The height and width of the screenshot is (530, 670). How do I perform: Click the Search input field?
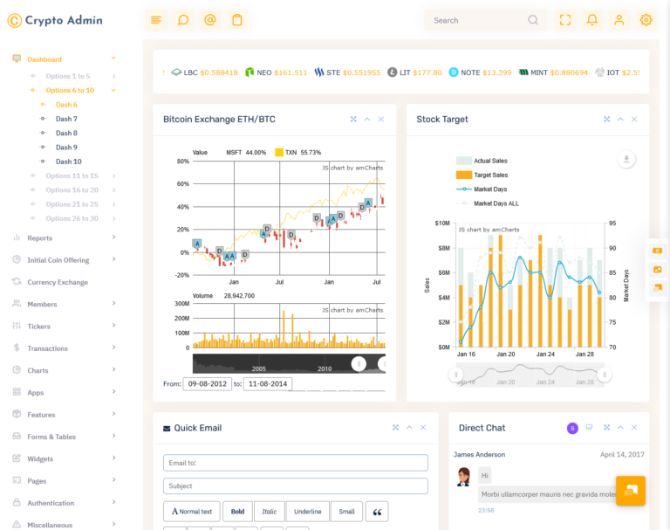click(x=475, y=20)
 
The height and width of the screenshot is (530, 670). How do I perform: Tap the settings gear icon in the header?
click(x=646, y=20)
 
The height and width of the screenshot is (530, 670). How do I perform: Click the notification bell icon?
click(x=592, y=20)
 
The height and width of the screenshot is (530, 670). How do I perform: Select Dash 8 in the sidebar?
click(x=66, y=133)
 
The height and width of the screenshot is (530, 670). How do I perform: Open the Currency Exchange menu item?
click(x=58, y=282)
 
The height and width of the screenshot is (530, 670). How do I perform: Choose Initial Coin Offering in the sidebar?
click(x=58, y=260)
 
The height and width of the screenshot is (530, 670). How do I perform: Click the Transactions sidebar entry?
click(x=47, y=348)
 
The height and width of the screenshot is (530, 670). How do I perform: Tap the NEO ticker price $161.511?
click(x=291, y=72)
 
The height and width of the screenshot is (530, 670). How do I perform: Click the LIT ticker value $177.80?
click(x=427, y=72)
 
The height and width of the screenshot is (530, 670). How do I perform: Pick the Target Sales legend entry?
click(x=490, y=175)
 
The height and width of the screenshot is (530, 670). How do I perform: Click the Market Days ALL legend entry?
click(x=496, y=203)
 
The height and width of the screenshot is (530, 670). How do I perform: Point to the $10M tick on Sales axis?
click(x=441, y=224)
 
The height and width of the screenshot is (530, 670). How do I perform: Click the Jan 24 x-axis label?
click(x=545, y=354)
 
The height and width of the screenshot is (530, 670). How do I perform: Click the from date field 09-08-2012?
click(x=207, y=384)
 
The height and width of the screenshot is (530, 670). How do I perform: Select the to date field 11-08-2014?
click(x=268, y=384)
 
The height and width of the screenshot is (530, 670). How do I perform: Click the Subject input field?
click(x=295, y=485)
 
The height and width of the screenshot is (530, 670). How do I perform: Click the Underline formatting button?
click(x=307, y=512)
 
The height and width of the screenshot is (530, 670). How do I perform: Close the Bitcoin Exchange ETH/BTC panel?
click(x=381, y=119)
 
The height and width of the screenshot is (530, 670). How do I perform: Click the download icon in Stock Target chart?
click(x=626, y=158)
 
